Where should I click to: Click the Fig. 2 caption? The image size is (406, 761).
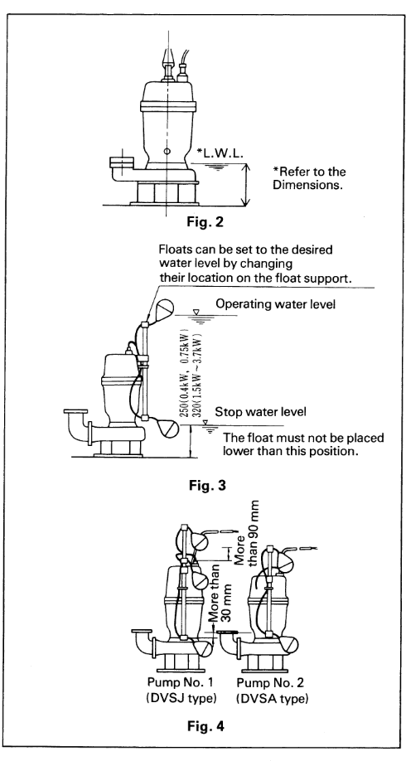205,222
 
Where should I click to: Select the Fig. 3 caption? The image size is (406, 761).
207,485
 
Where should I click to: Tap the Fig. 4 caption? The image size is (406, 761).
205,726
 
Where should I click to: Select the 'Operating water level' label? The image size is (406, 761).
275,304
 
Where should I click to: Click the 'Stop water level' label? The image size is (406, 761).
260,413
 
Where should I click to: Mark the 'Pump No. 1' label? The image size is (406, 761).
181,682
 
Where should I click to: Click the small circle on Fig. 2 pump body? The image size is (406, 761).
167,152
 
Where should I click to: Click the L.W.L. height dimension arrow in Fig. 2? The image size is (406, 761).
246,184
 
